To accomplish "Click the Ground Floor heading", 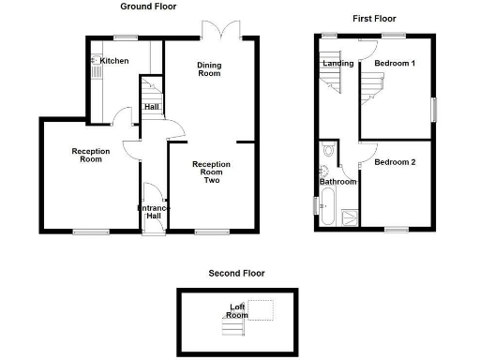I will [x=150, y=7].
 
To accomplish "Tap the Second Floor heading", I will [x=236, y=274].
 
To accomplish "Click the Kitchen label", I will [x=114, y=61].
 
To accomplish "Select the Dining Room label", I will [x=209, y=68].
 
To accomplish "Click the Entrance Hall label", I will [x=153, y=212].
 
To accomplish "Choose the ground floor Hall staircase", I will [x=150, y=91].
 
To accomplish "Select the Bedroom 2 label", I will [x=394, y=162].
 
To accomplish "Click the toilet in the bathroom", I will [x=325, y=150].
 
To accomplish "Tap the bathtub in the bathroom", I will [x=326, y=207].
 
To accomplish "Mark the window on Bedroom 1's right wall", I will [x=433, y=108].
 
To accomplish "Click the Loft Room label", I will [x=238, y=310].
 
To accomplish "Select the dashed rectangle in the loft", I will [x=262, y=310].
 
